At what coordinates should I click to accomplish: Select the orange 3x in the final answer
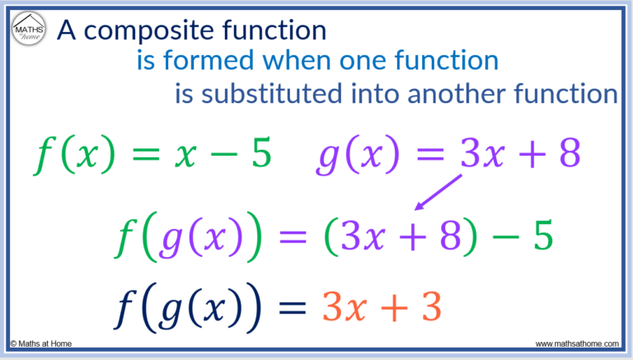(340, 306)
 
